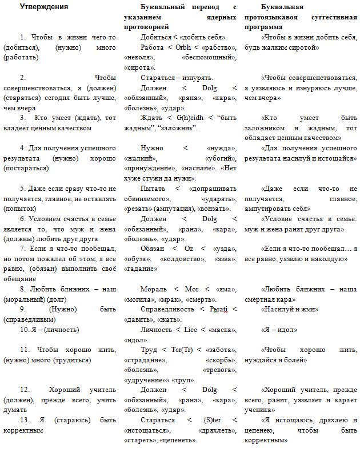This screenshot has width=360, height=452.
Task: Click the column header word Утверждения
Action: click(x=44, y=7)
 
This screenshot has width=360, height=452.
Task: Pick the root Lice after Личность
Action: click(x=194, y=330)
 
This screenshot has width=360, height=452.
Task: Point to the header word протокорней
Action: click(x=147, y=27)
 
